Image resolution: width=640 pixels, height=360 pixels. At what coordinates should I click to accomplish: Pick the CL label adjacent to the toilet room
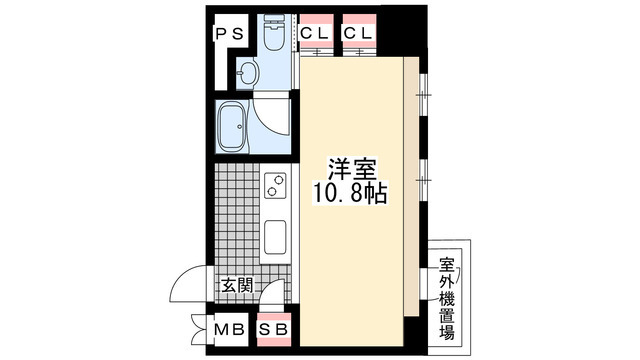(x=315, y=33)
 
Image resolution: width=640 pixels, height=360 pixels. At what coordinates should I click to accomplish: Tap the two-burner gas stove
(x=274, y=187)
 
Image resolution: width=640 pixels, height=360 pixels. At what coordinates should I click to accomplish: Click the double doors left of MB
(x=196, y=327)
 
